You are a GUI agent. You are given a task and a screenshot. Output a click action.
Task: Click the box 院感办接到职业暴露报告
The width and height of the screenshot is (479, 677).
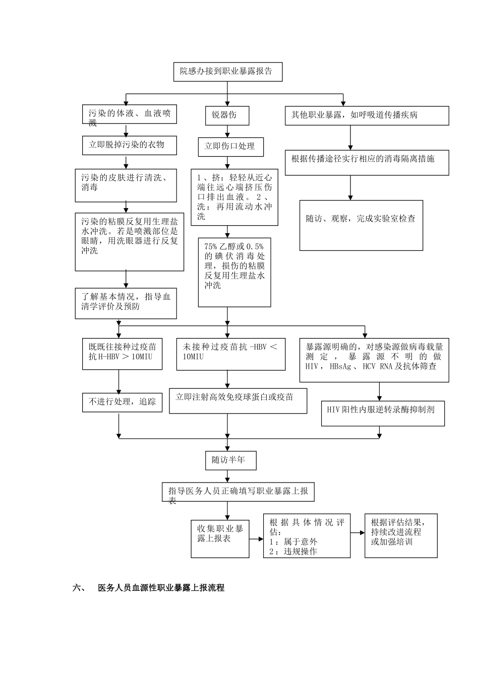(227, 72)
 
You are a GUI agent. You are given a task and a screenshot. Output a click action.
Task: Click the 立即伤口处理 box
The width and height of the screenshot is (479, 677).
(230, 147)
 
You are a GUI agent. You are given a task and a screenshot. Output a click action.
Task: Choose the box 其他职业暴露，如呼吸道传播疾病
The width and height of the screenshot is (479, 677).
(367, 115)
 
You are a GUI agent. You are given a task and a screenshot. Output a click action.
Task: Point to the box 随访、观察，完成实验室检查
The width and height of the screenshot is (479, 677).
(361, 225)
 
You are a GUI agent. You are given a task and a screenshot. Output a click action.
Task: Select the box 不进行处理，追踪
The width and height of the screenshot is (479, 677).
(122, 402)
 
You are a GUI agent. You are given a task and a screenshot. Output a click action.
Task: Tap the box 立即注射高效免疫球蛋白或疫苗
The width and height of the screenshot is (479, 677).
(237, 400)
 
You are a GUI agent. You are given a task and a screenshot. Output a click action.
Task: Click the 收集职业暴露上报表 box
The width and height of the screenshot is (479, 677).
(220, 538)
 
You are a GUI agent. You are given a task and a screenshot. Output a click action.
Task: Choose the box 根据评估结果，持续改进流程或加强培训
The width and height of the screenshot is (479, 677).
(401, 535)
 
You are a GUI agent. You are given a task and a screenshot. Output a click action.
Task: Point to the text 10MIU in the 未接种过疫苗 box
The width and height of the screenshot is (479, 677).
(194, 357)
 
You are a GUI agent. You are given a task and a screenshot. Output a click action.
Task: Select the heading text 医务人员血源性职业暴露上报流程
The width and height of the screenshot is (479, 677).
(161, 588)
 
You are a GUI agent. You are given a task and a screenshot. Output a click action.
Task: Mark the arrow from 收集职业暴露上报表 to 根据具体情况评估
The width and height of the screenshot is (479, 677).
(256, 538)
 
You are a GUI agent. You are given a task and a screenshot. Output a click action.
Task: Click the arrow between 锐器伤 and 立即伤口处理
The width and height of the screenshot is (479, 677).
(227, 131)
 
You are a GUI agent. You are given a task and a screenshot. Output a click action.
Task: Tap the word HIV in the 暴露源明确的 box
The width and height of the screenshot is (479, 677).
(312, 366)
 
